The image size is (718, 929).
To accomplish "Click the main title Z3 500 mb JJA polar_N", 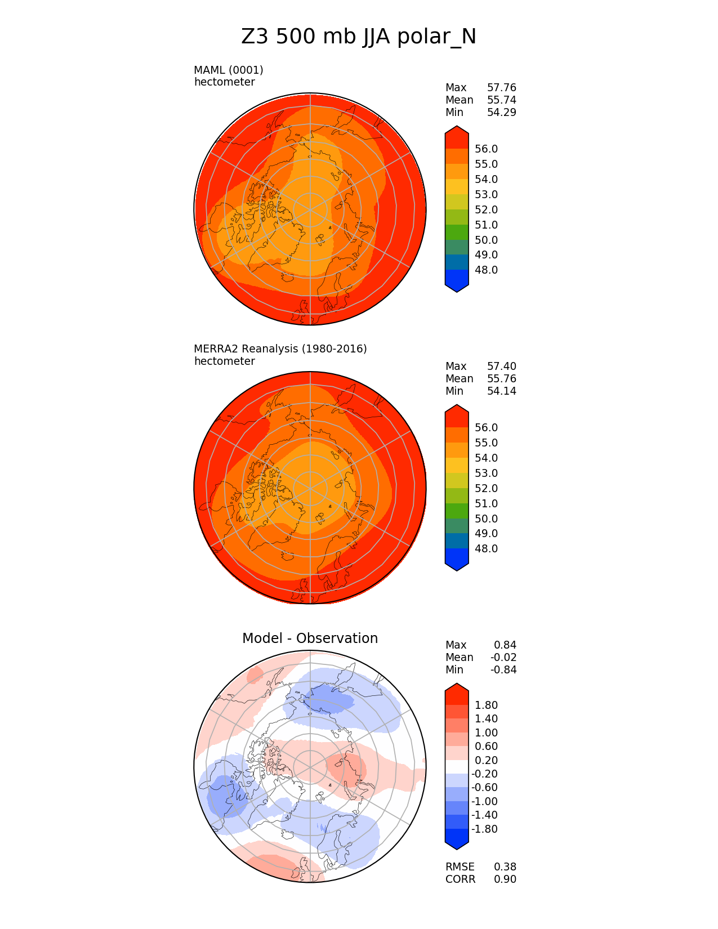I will coord(359,37).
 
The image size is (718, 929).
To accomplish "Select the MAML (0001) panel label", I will coord(228,70).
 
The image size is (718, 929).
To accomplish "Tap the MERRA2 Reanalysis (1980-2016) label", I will coord(280,349).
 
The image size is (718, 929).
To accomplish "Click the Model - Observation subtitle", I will coord(310,638).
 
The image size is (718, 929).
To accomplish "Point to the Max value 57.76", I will coord(501,87).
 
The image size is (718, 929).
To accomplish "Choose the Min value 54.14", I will coord(501,391).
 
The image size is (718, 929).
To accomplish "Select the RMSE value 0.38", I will coord(505,867).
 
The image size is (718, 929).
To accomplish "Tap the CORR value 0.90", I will coord(505,879).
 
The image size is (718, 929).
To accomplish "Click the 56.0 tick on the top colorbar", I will coord(486,149).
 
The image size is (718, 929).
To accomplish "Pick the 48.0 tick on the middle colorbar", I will coord(486,548).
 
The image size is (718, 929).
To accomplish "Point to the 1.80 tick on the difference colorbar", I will coord(486,705).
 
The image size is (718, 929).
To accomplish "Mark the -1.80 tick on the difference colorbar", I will coord(484,829).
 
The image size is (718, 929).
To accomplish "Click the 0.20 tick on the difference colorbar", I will coord(486,760).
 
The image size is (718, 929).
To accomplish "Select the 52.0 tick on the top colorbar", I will coord(486,209).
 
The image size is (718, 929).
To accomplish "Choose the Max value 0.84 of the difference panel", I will coord(505,645).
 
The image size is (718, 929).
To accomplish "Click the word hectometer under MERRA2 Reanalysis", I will coord(224,361).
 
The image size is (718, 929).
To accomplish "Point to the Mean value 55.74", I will coord(501,100).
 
